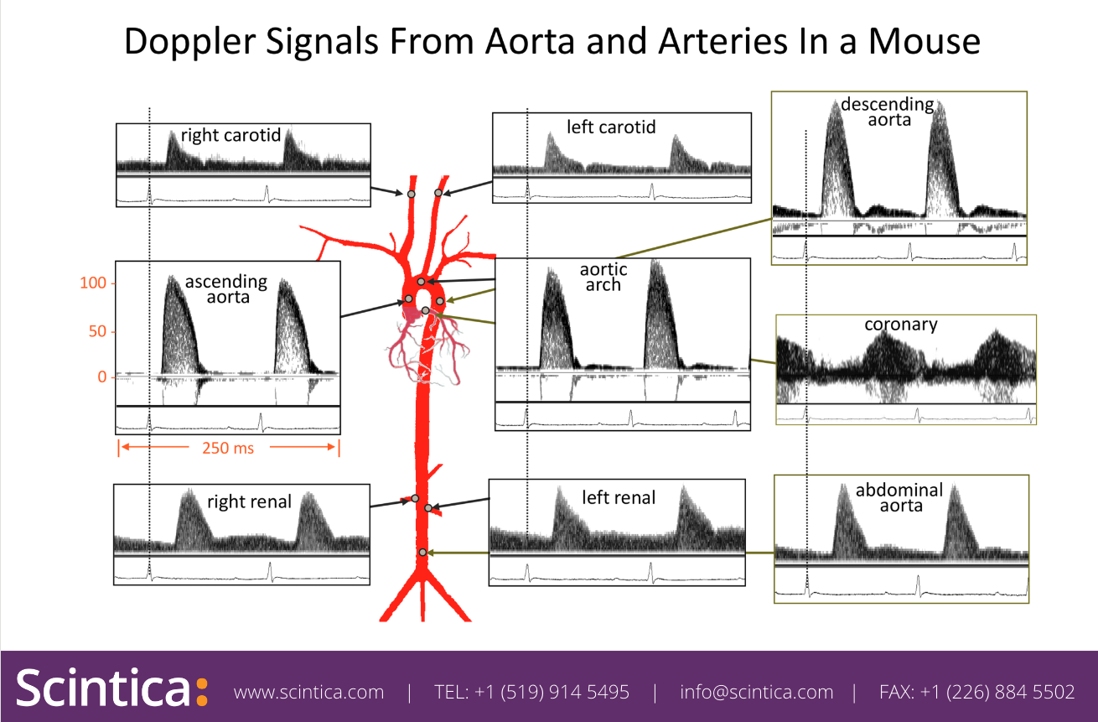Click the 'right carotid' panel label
coord(230,135)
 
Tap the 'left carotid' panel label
coord(611,127)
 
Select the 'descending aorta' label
coord(888,112)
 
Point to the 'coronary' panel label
coord(901,324)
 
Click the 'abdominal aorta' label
coord(899,497)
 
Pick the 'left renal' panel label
coord(619,497)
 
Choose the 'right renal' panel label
coord(249,501)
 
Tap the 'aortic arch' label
coord(603,277)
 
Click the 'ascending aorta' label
coord(226,288)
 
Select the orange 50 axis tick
coord(98,331)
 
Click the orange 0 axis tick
coord(102,377)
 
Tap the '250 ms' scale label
coord(228,448)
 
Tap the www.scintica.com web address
coord(308,693)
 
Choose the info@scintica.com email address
coord(757,693)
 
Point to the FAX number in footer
coord(976,693)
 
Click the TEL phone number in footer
coord(531,693)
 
